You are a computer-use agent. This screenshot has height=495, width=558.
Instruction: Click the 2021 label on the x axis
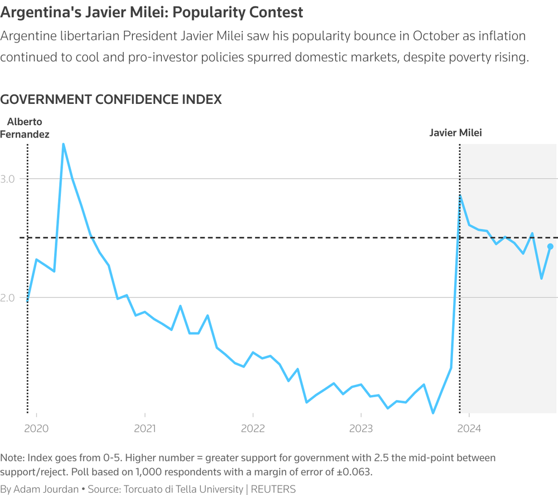[145, 430]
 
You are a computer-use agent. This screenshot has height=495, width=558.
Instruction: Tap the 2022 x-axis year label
[253, 430]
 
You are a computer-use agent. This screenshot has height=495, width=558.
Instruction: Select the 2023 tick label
[361, 430]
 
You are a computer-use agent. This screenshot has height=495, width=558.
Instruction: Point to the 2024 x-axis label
[469, 430]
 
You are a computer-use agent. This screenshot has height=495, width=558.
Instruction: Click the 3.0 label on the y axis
[11, 179]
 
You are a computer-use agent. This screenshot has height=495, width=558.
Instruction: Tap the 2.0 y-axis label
[11, 297]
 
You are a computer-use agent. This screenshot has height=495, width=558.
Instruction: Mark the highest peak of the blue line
[63, 144]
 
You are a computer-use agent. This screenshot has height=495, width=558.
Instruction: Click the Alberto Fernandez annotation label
[25, 128]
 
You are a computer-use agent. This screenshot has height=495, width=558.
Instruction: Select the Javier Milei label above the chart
[455, 133]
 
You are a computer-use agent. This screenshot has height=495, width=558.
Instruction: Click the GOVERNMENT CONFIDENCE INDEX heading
[112, 99]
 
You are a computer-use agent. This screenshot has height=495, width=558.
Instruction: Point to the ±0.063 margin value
[354, 472]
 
